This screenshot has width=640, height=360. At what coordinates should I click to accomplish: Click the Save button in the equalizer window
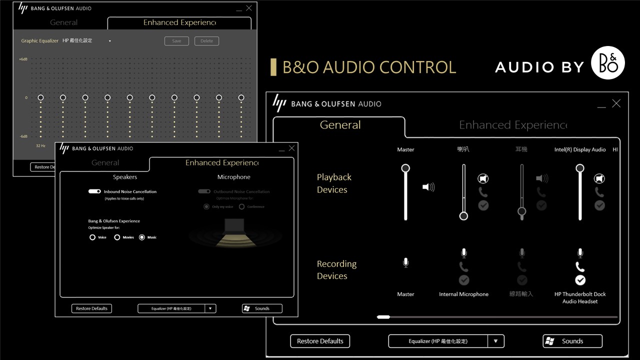pyautogui.click(x=176, y=41)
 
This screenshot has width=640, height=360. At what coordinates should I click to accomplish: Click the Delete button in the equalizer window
pyautogui.click(x=206, y=41)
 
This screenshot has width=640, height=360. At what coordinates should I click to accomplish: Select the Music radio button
pyautogui.click(x=142, y=237)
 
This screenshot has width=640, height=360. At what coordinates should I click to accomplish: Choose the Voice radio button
pyautogui.click(x=92, y=237)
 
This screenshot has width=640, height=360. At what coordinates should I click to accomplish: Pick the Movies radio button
pyautogui.click(x=117, y=237)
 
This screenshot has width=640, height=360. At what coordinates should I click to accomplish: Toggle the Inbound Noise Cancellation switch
pyautogui.click(x=94, y=191)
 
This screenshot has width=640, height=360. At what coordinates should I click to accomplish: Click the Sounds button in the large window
pyautogui.click(x=572, y=341)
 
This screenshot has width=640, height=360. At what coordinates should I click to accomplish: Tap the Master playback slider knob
pyautogui.click(x=405, y=168)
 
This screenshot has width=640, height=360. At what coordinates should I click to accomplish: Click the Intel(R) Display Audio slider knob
pyautogui.click(x=580, y=168)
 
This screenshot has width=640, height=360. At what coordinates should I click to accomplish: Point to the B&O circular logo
pyautogui.click(x=608, y=62)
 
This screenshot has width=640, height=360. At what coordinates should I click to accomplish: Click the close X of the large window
pyautogui.click(x=616, y=103)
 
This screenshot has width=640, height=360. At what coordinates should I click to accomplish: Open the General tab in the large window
pyautogui.click(x=340, y=125)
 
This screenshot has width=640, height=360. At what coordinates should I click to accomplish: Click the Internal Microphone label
pyautogui.click(x=463, y=294)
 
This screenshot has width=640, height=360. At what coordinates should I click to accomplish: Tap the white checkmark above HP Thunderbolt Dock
pyautogui.click(x=580, y=280)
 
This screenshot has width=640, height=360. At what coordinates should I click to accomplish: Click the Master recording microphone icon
pyautogui.click(x=405, y=262)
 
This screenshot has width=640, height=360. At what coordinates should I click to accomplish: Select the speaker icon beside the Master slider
pyautogui.click(x=428, y=187)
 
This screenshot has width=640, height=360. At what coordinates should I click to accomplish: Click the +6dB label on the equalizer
pyautogui.click(x=23, y=59)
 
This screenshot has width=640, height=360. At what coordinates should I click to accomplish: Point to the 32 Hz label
pyautogui.click(x=40, y=145)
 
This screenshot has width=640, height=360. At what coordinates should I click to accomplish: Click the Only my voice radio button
pyautogui.click(x=206, y=206)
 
